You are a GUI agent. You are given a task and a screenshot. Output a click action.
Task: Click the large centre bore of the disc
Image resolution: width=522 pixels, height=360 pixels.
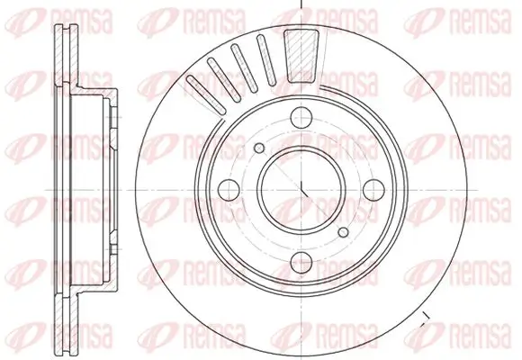pos(298,186)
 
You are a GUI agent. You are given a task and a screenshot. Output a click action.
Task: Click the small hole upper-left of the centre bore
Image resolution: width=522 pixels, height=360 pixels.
pos(259,148)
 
